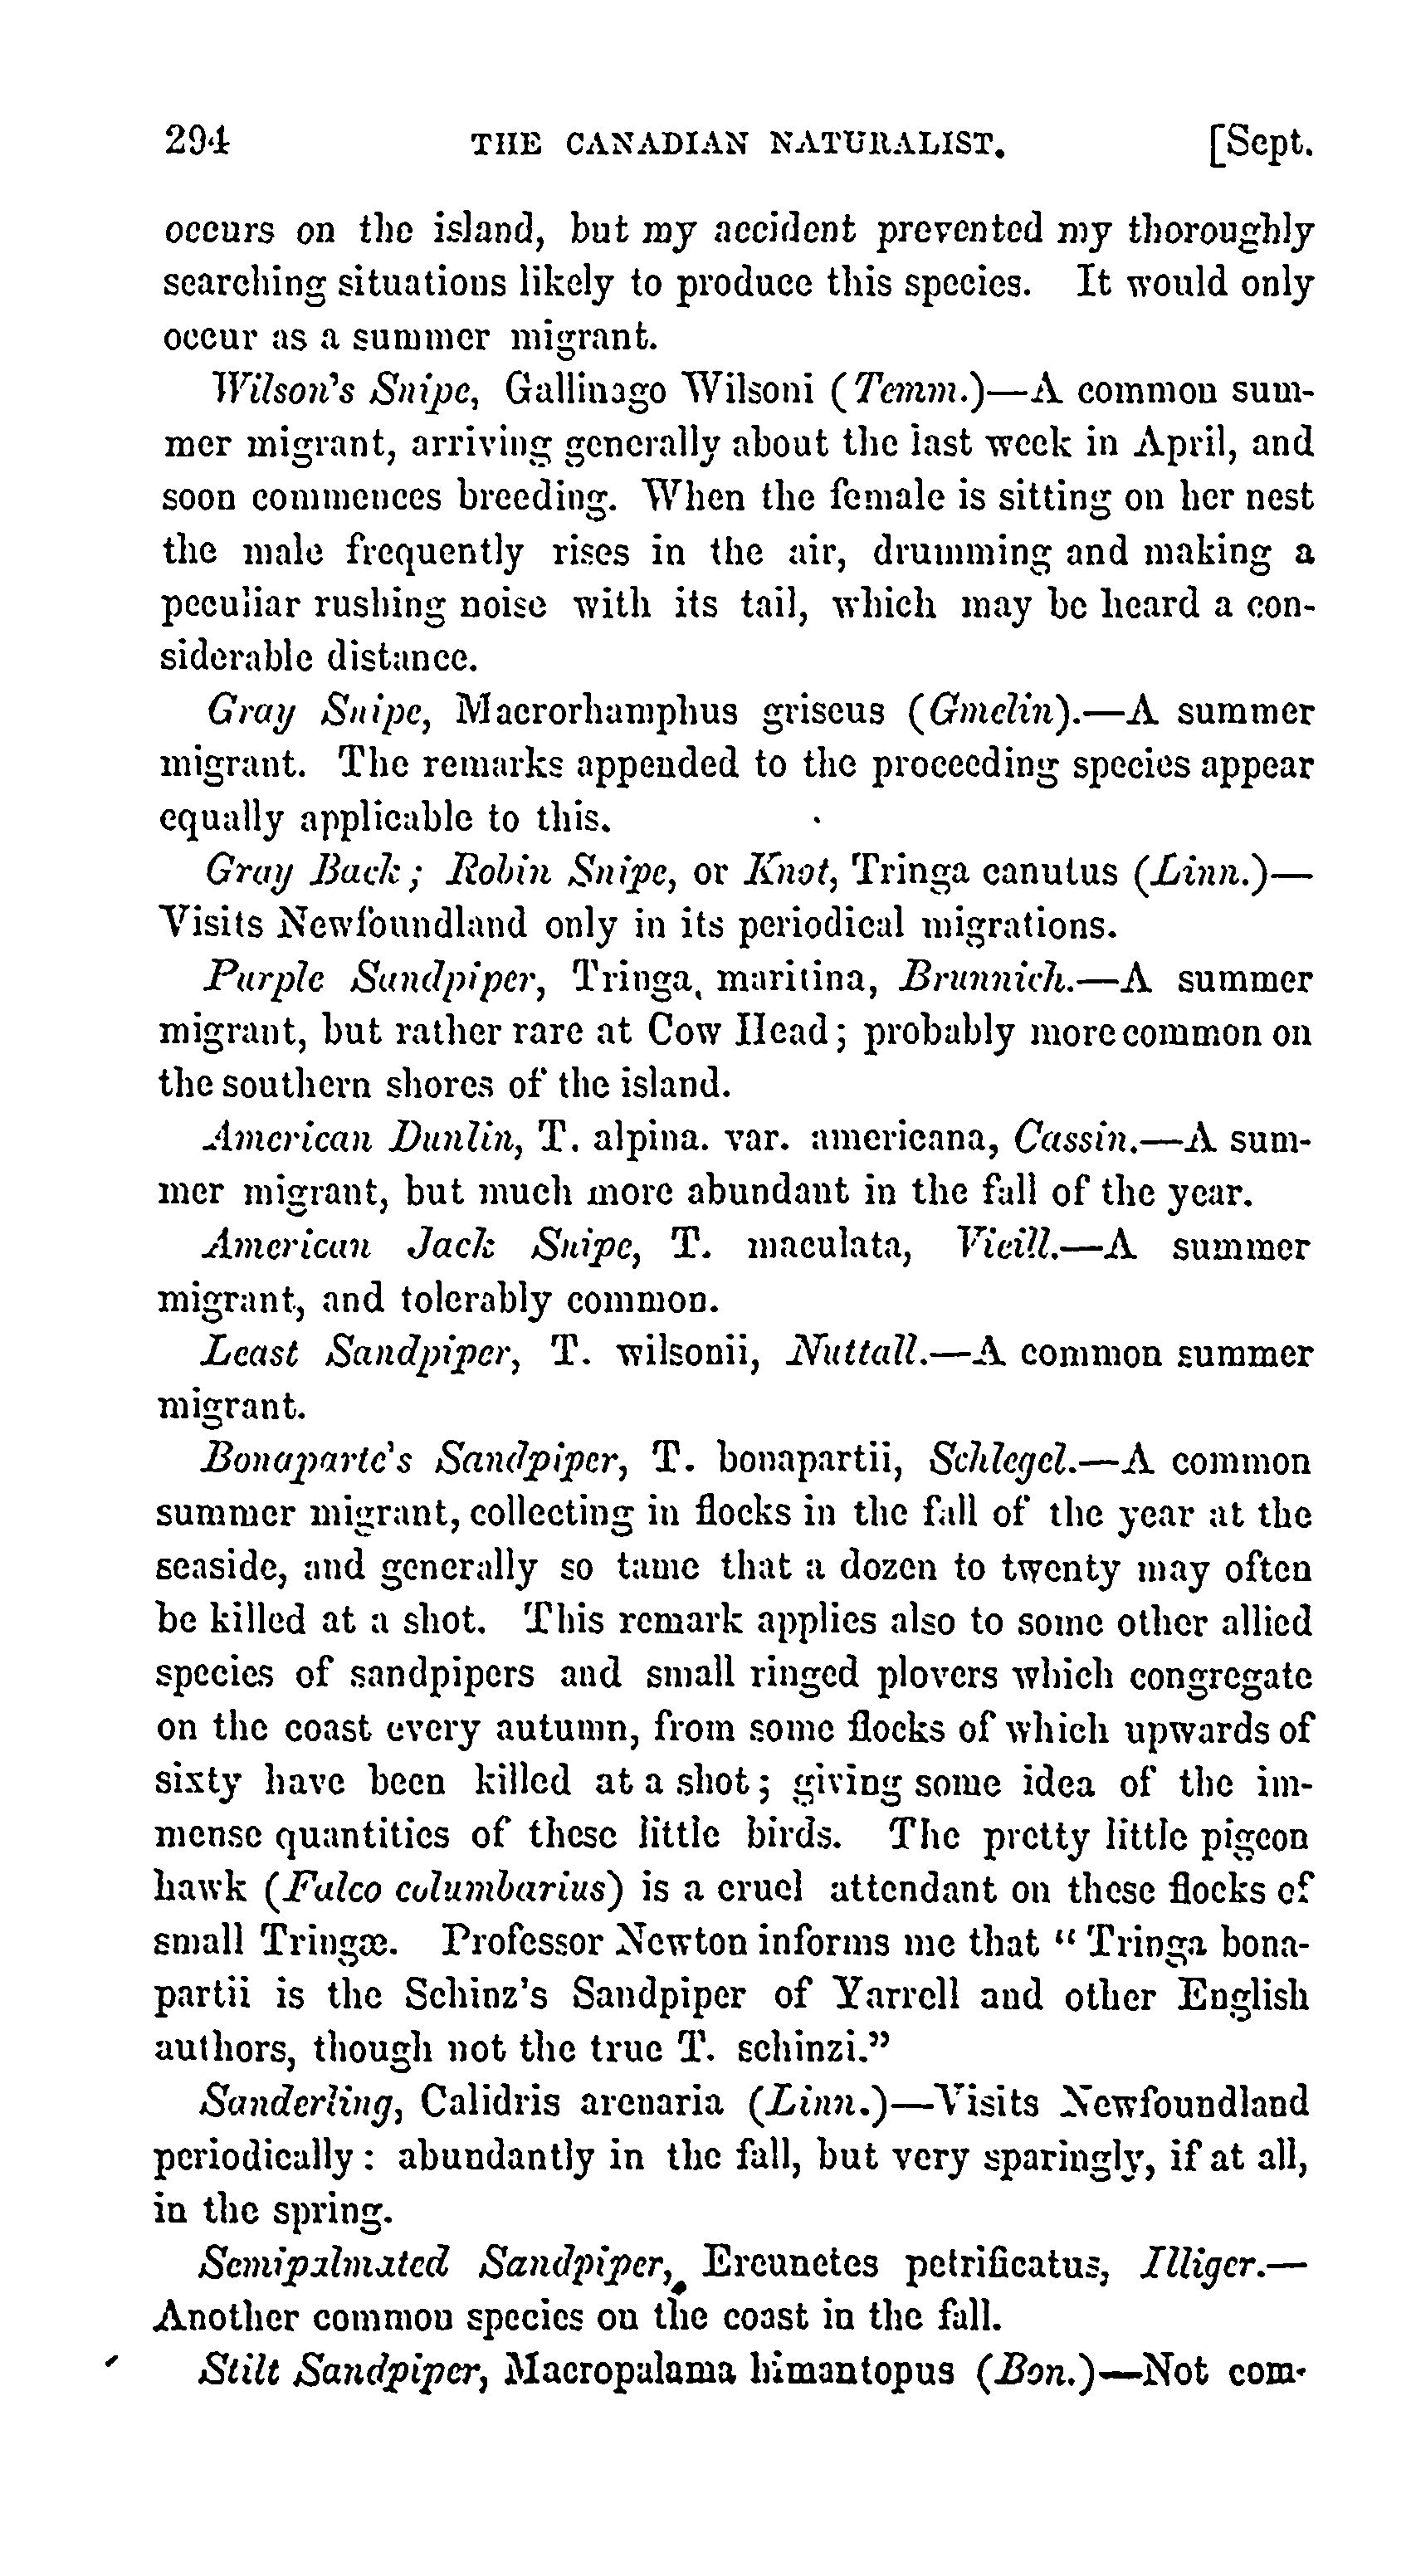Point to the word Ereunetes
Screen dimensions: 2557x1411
tap(790, 2262)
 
